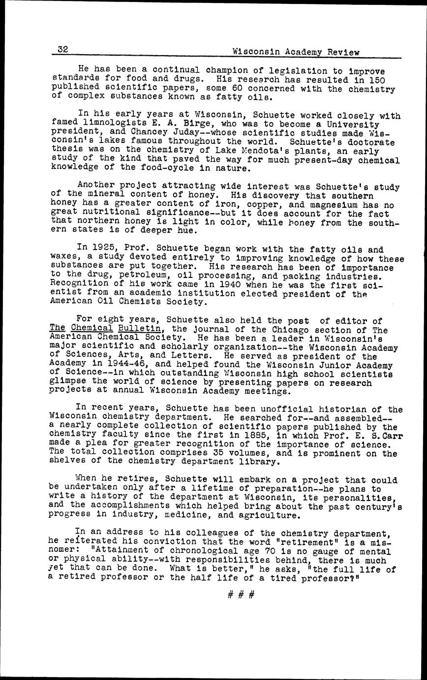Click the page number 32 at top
(x=62, y=49)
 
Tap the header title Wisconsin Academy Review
(x=296, y=52)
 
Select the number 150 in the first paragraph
(x=376, y=80)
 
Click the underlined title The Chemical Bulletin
(x=105, y=329)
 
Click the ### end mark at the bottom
(x=241, y=595)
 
